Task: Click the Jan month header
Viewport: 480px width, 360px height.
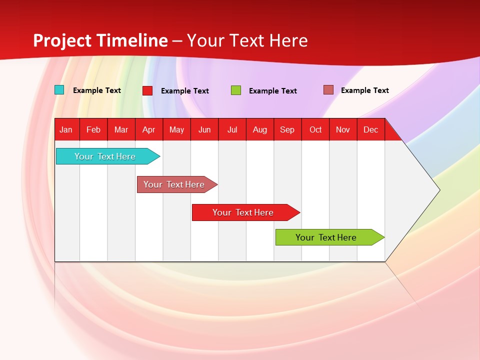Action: click(x=66, y=129)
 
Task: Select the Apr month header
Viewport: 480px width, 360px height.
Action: click(x=148, y=129)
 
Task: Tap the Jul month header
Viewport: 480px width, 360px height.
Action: click(x=232, y=129)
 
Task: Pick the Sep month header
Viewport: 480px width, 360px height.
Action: click(x=287, y=129)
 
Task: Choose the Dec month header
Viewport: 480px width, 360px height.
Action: click(x=370, y=129)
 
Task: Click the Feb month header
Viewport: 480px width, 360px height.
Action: click(x=93, y=129)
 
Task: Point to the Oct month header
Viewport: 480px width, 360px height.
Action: click(x=315, y=129)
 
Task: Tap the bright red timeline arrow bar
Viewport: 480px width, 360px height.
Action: click(x=244, y=212)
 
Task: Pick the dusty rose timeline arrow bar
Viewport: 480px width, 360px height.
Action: click(x=175, y=184)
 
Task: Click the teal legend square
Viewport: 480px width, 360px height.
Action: click(x=59, y=90)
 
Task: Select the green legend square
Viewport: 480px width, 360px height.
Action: click(x=236, y=90)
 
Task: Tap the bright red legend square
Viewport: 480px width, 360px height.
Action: click(x=147, y=90)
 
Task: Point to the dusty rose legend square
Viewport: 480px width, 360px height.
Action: click(x=328, y=90)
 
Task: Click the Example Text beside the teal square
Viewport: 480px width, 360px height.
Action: click(x=97, y=90)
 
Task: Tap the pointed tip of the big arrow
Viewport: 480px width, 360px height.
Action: click(x=438, y=189)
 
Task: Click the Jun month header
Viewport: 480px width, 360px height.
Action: click(x=204, y=129)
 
